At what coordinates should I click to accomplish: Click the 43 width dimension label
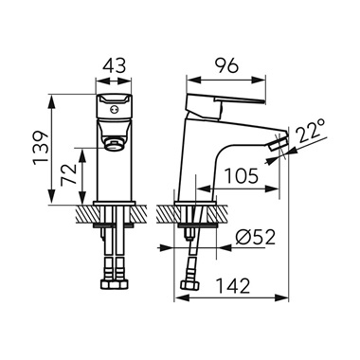click(x=115, y=66)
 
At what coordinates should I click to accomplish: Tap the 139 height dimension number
click(x=42, y=147)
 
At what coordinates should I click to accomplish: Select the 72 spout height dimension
click(x=69, y=174)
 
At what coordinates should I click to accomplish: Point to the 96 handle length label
click(x=226, y=66)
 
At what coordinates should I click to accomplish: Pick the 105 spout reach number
click(x=241, y=176)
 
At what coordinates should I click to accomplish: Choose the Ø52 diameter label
click(x=255, y=237)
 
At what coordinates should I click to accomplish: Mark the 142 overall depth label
click(x=233, y=286)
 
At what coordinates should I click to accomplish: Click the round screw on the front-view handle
click(x=114, y=110)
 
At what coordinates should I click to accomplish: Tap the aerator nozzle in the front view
click(x=113, y=145)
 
